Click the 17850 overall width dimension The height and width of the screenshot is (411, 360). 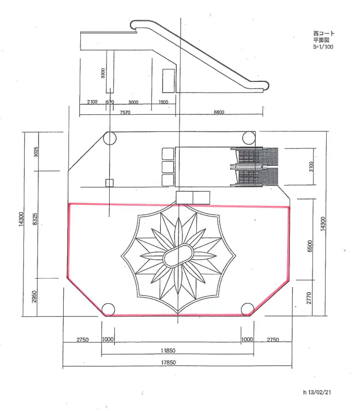tap(168, 362)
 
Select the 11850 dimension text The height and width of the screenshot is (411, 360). tap(168, 350)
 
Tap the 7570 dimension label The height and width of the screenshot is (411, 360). tap(125, 112)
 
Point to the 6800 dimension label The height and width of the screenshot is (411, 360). tap(219, 112)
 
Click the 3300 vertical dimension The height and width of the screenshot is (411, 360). tap(103, 73)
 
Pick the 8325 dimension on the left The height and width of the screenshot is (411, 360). tap(35, 219)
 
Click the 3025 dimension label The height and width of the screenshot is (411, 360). tap(36, 152)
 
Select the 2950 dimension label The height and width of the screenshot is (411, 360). tap(34, 296)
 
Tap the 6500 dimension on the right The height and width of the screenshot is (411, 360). tap(309, 246)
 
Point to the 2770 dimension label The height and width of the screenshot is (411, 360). tap(309, 298)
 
